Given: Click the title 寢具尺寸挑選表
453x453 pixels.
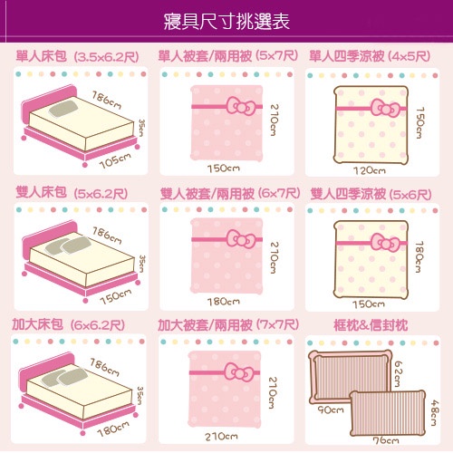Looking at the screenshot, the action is point(226,22).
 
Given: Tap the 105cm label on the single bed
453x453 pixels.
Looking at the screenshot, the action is point(115,160).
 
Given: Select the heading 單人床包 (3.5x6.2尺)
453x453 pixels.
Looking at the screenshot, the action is point(77,56).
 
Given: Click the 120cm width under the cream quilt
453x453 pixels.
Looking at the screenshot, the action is point(370,170).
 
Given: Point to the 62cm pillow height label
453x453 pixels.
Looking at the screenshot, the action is point(399,373).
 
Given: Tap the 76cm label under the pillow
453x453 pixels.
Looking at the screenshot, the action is point(386,440).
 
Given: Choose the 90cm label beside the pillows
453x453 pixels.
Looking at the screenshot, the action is point(331,410).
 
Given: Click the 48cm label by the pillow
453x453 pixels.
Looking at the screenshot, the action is point(434,412).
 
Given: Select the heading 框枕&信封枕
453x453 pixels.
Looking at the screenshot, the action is point(371,325).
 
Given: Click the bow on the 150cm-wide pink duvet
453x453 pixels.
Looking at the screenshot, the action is point(241,106).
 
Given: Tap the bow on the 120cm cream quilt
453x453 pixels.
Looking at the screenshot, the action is point(386,108).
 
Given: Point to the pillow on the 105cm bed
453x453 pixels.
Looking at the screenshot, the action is point(63,109).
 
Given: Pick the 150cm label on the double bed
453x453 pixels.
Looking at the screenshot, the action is point(116,296).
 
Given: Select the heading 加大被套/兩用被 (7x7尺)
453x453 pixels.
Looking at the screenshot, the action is point(228,325).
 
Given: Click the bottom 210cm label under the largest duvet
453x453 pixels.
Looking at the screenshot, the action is point(221,436).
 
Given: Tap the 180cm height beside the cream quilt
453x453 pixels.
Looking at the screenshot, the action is point(419,257).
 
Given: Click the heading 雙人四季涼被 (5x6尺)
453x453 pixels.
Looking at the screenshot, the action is point(371,194).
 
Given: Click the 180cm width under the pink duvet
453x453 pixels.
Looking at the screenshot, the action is point(224,301).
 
